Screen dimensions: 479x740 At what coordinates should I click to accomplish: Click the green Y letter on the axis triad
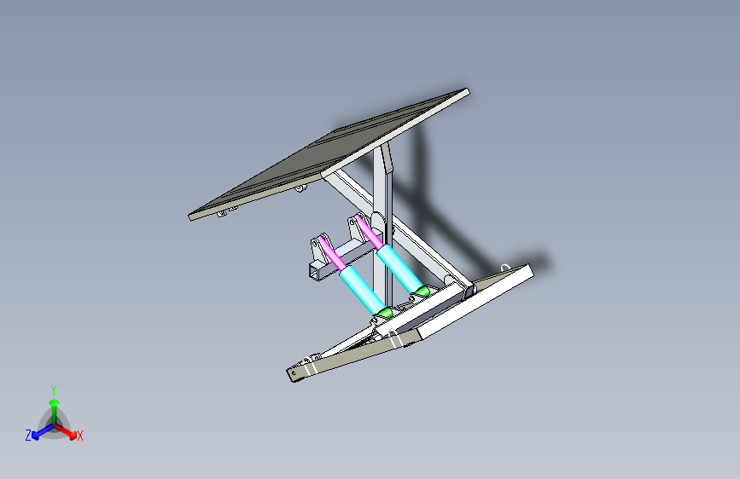pyautogui.click(x=53, y=388)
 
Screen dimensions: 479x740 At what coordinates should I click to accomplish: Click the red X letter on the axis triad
pyautogui.click(x=80, y=436)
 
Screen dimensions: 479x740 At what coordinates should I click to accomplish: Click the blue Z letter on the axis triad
pyautogui.click(x=28, y=436)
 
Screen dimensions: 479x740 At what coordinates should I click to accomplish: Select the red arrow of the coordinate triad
pyautogui.click(x=68, y=430)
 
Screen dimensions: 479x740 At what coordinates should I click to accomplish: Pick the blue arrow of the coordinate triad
pyautogui.click(x=39, y=431)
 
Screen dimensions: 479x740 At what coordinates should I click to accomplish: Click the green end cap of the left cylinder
pyautogui.click(x=386, y=313)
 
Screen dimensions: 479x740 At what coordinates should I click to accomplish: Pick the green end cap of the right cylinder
pyautogui.click(x=422, y=291)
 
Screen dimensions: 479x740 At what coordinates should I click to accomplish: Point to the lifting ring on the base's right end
pyautogui.click(x=505, y=268)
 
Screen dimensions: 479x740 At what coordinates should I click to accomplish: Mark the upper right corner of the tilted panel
pyautogui.click(x=466, y=90)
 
